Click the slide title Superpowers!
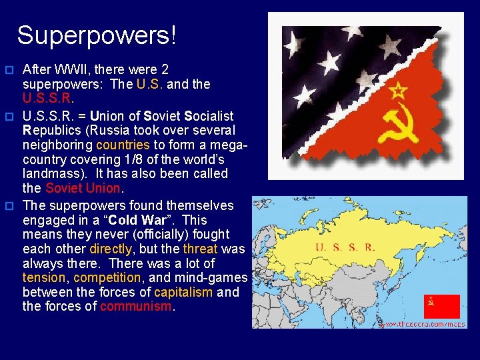click(x=97, y=35)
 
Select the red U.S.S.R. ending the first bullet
click(x=47, y=99)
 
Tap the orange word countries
click(x=123, y=145)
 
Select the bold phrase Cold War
click(x=142, y=220)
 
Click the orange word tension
click(x=44, y=277)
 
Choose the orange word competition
click(x=107, y=277)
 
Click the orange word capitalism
click(x=183, y=292)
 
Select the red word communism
click(x=135, y=307)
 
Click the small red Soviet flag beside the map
click(x=441, y=306)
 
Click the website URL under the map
click(x=422, y=324)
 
